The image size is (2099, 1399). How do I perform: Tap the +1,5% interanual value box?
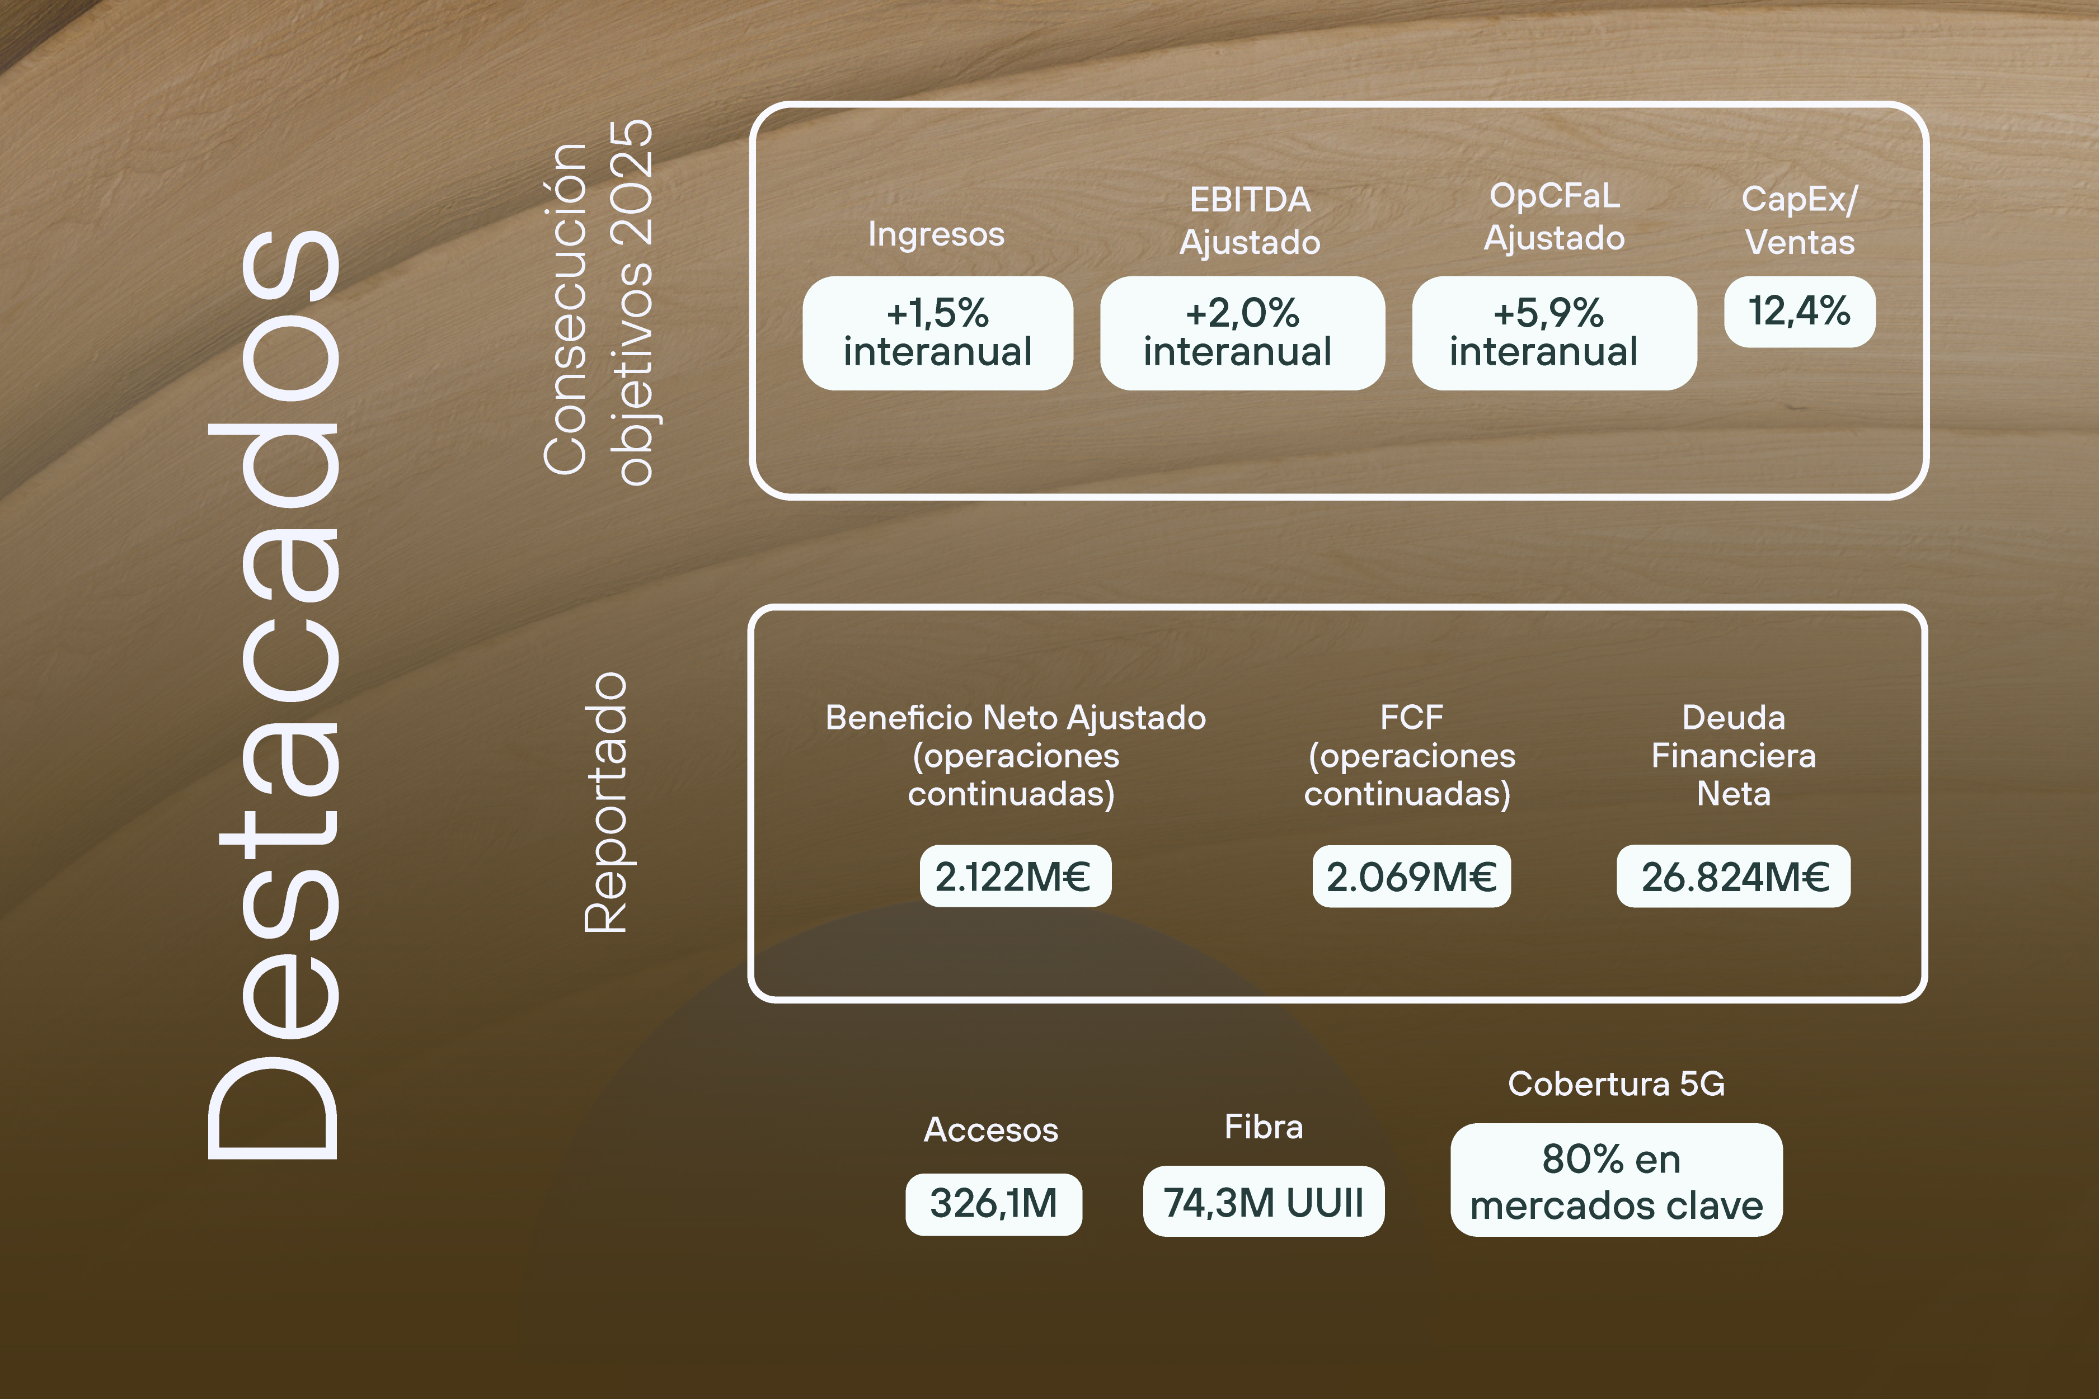tap(937, 333)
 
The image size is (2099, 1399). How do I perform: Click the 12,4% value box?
tap(1799, 312)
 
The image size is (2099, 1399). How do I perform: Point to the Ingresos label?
tap(936, 234)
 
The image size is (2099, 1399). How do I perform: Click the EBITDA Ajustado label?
tap(1250, 220)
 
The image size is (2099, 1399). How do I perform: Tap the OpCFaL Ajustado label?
tap(1554, 217)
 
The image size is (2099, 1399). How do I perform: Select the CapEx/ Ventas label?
tap(1799, 220)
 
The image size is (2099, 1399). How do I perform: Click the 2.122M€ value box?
tap(1015, 876)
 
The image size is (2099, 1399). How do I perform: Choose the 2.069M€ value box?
tap(1411, 876)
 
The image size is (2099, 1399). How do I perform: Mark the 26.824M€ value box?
tap(1733, 876)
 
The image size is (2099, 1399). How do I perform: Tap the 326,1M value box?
tap(993, 1204)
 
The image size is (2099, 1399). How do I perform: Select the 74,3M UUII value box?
tap(1263, 1201)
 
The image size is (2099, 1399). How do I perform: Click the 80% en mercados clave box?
tap(1616, 1180)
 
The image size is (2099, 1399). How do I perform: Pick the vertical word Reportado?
tap(606, 803)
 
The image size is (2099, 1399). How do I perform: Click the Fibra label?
tap(1263, 1127)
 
